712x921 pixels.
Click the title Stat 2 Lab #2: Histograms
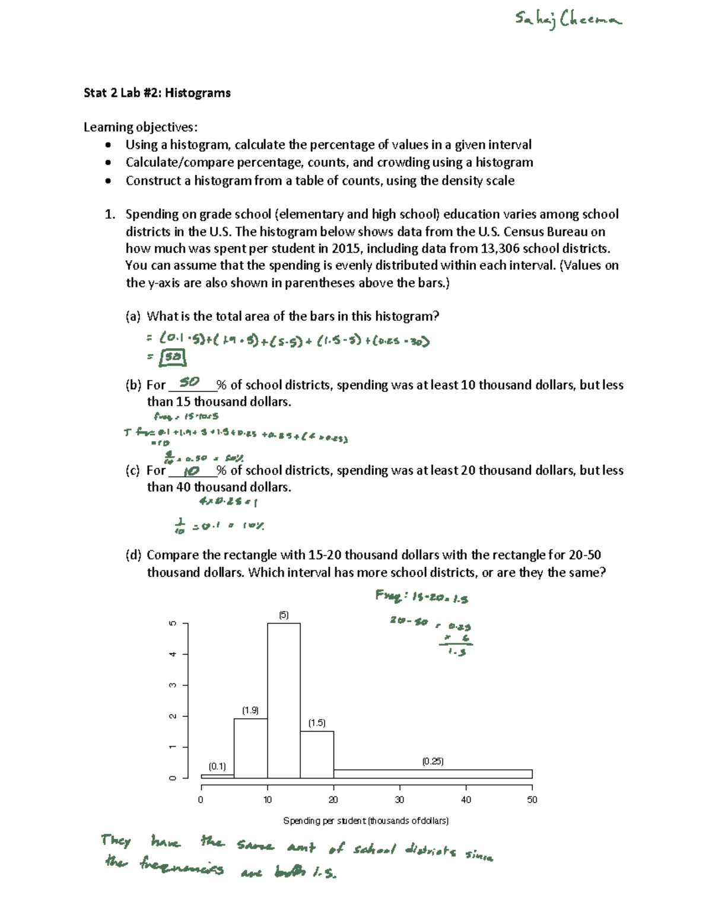pyautogui.click(x=157, y=93)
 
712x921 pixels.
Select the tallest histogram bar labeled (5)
pyautogui.click(x=284, y=700)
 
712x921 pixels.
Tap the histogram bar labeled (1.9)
pyautogui.click(x=250, y=747)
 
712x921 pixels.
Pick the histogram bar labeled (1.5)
pyautogui.click(x=317, y=754)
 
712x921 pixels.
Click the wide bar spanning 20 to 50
pyautogui.click(x=433, y=773)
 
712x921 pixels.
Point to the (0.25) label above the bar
pyautogui.click(x=433, y=761)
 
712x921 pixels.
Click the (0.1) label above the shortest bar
pyautogui.click(x=217, y=766)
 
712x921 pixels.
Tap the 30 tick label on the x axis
pyautogui.click(x=399, y=799)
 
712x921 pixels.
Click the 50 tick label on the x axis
pyautogui.click(x=532, y=799)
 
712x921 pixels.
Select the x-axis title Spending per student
pyautogui.click(x=365, y=821)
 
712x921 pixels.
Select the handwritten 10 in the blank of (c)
pyautogui.click(x=192, y=471)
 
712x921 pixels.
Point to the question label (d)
pyautogui.click(x=133, y=555)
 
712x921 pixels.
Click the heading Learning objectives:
pyautogui.click(x=141, y=127)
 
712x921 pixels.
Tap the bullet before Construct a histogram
pyautogui.click(x=107, y=181)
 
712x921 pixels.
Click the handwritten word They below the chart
pyautogui.click(x=116, y=840)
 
